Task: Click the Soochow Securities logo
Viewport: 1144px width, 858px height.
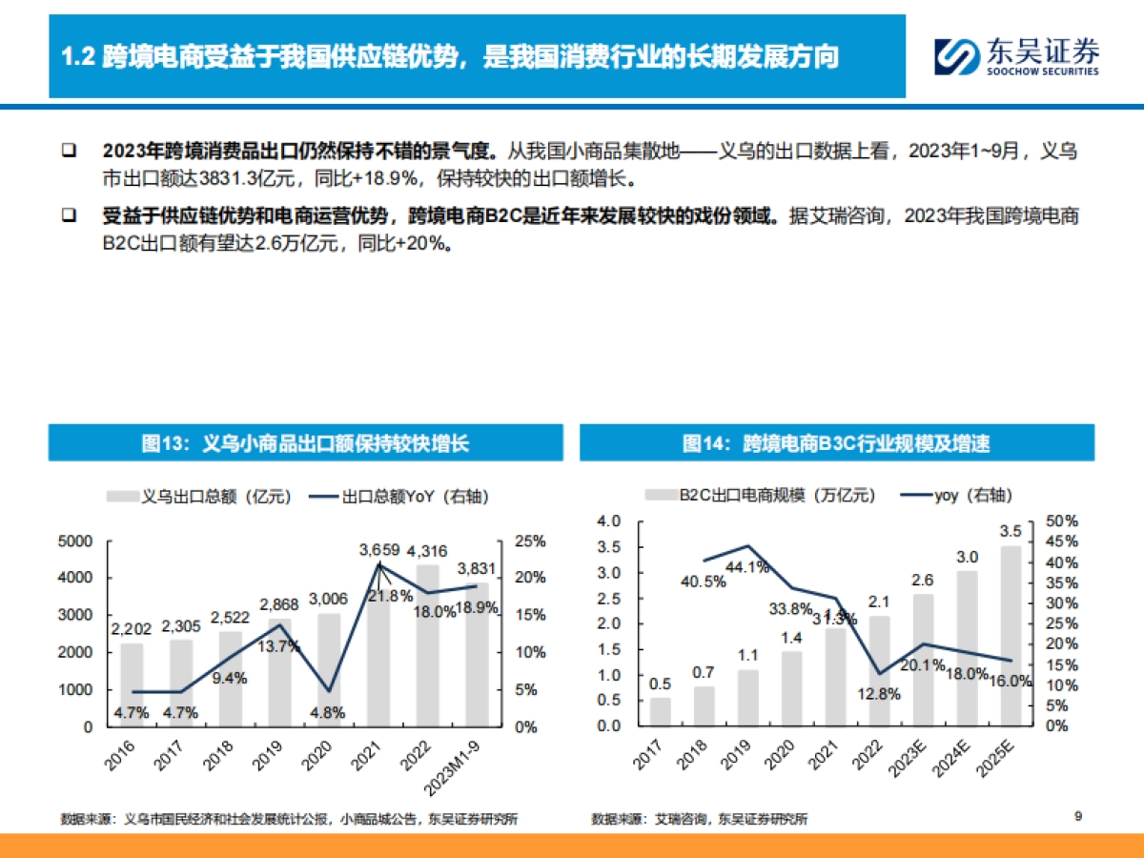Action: [x=1016, y=56]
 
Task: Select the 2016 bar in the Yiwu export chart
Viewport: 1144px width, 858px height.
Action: [x=132, y=684]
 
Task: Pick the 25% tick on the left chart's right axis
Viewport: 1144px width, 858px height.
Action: [x=530, y=541]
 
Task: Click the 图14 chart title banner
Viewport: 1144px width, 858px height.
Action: [x=836, y=443]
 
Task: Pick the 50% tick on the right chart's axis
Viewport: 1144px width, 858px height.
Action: [x=1061, y=521]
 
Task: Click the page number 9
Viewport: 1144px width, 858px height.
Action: [x=1078, y=815]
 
